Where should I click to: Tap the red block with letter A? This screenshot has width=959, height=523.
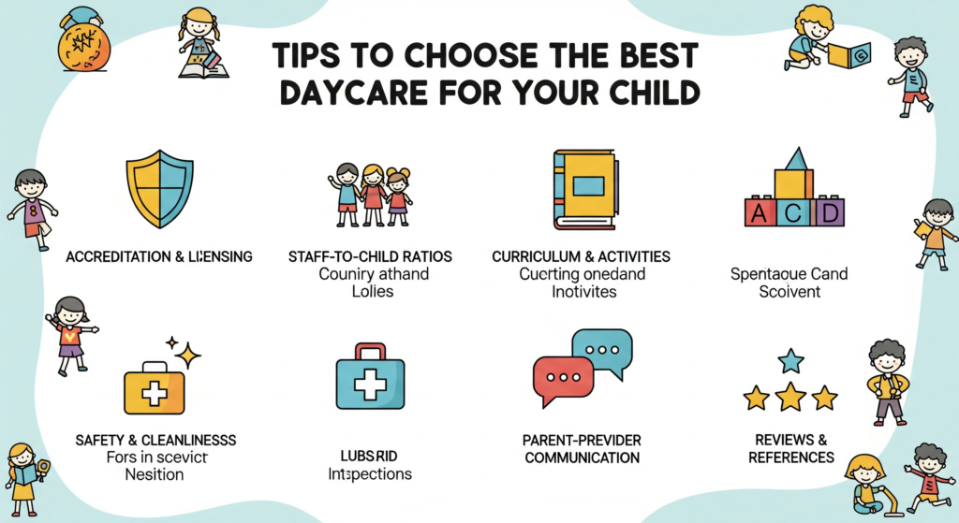click(760, 211)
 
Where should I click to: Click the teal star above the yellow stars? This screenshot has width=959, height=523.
click(791, 360)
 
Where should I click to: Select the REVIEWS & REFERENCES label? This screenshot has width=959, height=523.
click(791, 448)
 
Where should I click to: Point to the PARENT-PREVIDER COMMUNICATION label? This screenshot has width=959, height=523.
click(582, 448)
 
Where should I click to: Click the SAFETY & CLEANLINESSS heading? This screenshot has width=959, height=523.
click(155, 439)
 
